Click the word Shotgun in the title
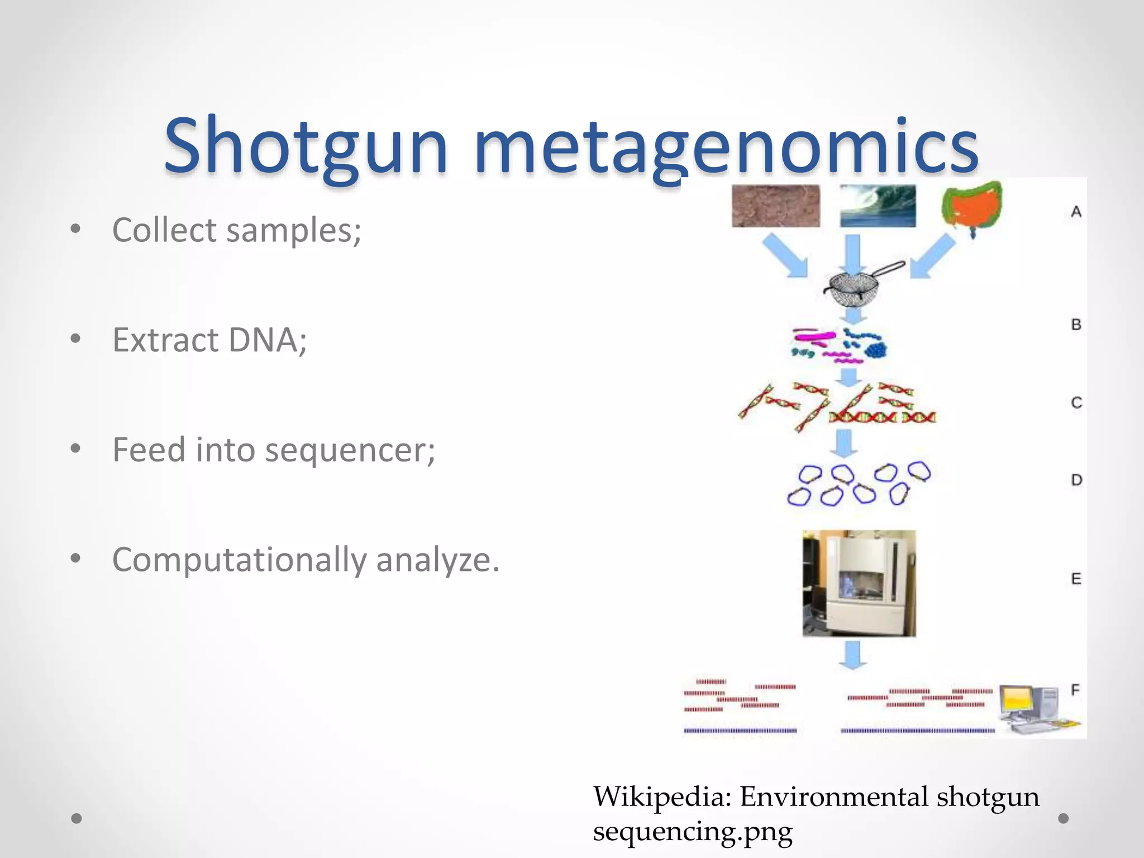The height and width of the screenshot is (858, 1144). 306,146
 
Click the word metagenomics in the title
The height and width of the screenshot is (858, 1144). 726,146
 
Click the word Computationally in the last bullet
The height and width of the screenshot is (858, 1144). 239,560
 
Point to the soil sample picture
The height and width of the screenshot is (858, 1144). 776,206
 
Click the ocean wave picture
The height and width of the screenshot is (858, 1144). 878,206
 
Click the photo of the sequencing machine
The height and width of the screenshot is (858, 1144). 859,583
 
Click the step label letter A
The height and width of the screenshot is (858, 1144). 1076,212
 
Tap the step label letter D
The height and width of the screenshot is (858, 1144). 1076,480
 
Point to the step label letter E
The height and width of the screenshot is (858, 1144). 1076,579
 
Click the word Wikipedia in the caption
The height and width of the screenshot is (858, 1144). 662,797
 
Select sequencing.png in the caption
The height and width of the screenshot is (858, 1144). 693,831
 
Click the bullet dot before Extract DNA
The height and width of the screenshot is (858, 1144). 76,339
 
